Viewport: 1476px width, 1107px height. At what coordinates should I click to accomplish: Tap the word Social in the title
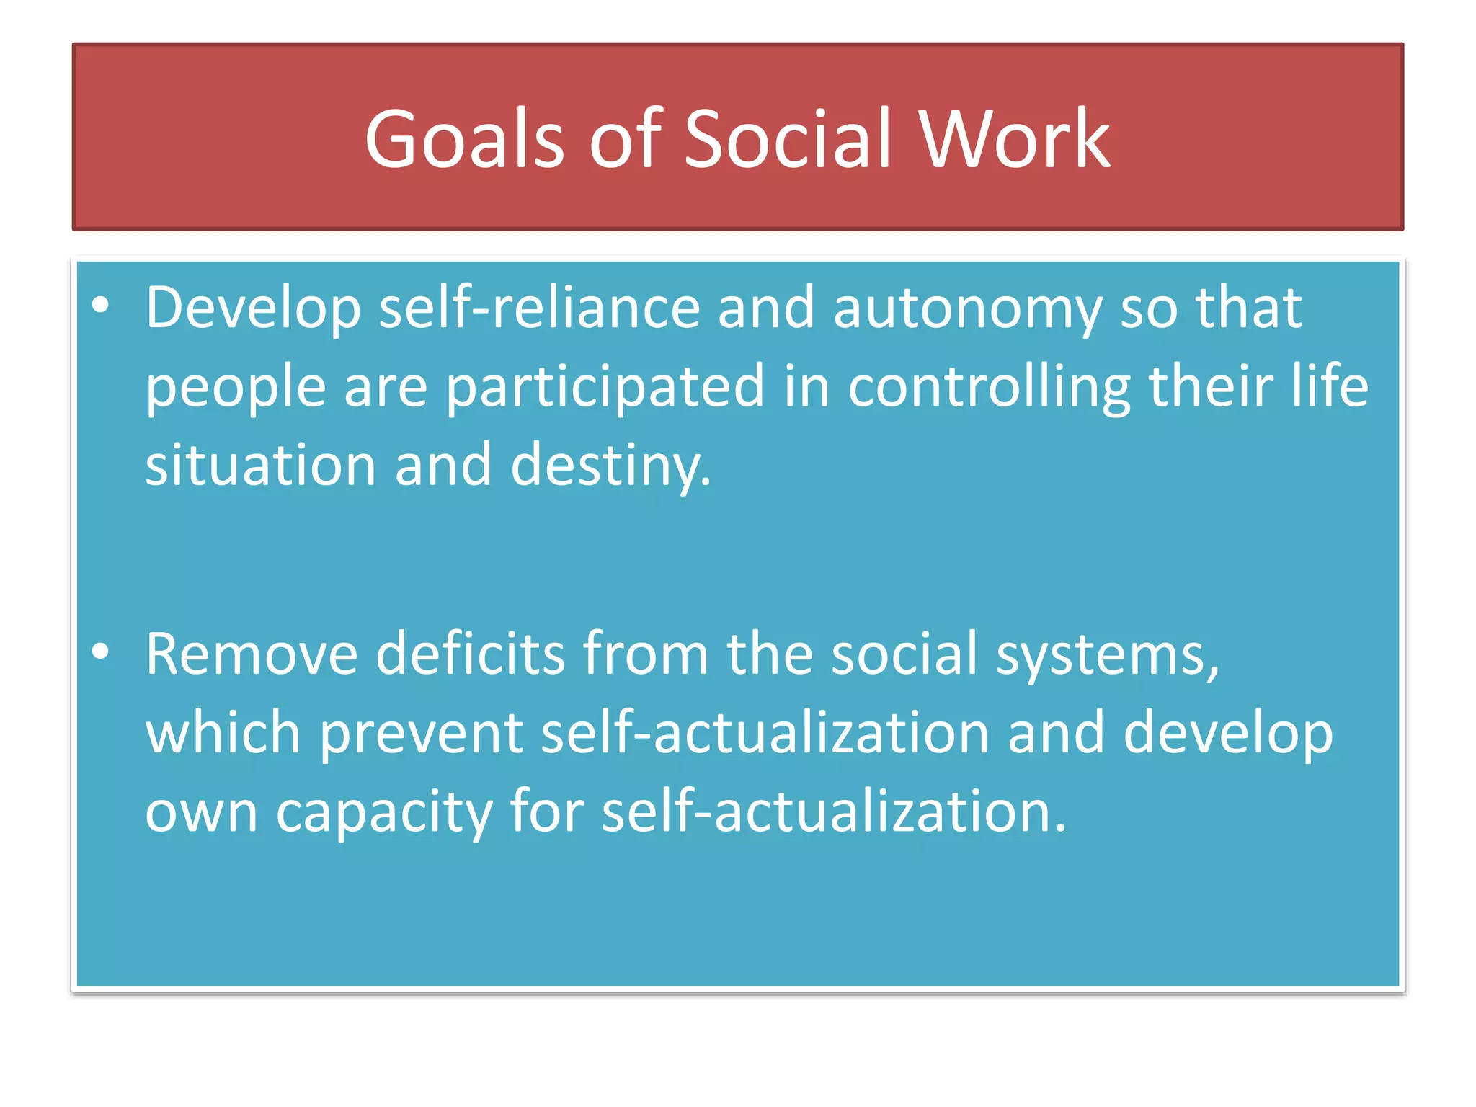[x=788, y=139]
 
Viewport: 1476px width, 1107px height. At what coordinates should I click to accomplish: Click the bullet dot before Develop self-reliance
[x=101, y=306]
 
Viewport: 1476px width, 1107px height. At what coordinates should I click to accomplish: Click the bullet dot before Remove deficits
[x=101, y=652]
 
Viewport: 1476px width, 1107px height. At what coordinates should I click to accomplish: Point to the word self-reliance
[x=539, y=308]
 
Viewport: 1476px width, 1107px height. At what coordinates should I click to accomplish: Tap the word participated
[x=605, y=388]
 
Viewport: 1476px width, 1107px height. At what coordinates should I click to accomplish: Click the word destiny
[x=610, y=466]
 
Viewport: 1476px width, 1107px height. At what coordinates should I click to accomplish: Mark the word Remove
[x=252, y=654]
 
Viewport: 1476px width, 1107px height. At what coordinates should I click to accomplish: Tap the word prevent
[x=421, y=734]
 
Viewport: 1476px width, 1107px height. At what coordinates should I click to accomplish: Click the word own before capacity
[x=201, y=813]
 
